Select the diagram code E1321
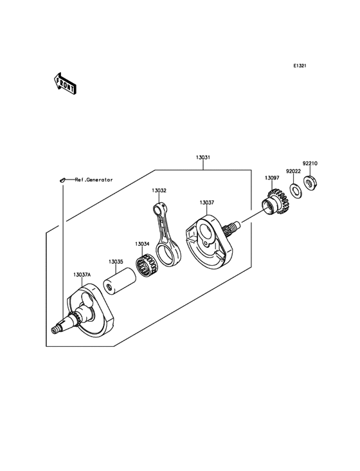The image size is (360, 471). click(300, 66)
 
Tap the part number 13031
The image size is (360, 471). click(203, 157)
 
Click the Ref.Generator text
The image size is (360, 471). click(94, 180)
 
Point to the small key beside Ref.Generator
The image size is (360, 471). click(62, 180)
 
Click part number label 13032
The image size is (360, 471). click(159, 190)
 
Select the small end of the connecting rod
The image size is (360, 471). click(159, 208)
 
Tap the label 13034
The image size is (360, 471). click(142, 244)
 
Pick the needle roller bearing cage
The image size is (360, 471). click(147, 265)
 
